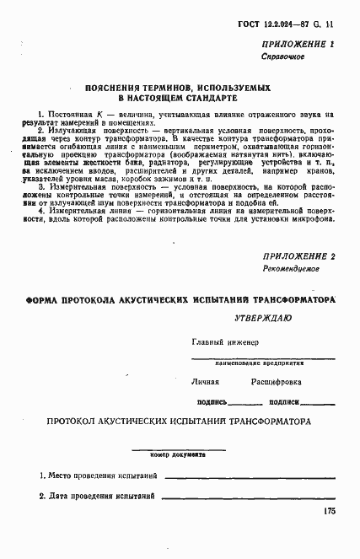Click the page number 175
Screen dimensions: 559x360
coord(330,512)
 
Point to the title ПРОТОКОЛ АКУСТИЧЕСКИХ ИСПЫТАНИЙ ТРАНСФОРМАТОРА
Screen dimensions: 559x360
coord(180,420)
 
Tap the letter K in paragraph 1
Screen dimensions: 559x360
coord(99,113)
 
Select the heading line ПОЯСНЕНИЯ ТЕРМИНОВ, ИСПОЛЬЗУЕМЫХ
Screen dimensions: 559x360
coord(180,87)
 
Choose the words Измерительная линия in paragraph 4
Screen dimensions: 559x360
coord(94,210)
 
